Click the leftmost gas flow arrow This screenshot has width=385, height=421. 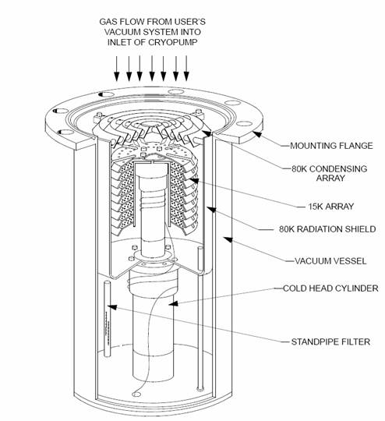click(x=116, y=75)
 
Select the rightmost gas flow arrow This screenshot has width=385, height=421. click(x=186, y=75)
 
